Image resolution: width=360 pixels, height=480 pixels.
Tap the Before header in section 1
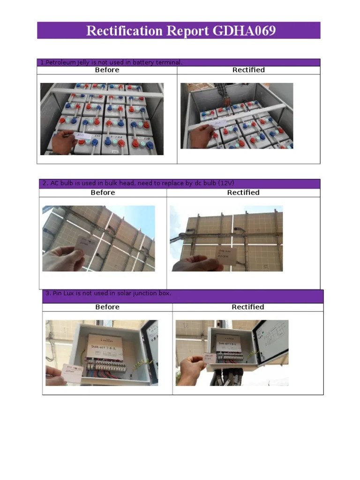point(107,70)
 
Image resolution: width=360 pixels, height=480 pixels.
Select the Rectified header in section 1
point(248,70)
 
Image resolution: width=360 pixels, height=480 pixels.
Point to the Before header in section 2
point(103,193)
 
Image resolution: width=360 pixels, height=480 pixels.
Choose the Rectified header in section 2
point(243,193)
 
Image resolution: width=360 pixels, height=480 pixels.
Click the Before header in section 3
point(107,307)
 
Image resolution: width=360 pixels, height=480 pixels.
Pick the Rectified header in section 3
point(248,307)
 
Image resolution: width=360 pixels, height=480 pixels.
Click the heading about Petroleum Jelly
point(112,62)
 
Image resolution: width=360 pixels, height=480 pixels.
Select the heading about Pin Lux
point(108,293)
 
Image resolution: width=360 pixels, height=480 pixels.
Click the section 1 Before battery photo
point(102,119)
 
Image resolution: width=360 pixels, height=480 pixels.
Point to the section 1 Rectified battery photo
point(237,116)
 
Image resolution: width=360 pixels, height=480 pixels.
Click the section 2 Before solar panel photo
point(98,238)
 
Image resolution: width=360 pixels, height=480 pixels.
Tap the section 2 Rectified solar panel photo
point(226,238)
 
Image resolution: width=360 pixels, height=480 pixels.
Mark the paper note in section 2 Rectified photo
point(226,255)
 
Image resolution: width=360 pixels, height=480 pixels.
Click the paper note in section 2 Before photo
point(88,245)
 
